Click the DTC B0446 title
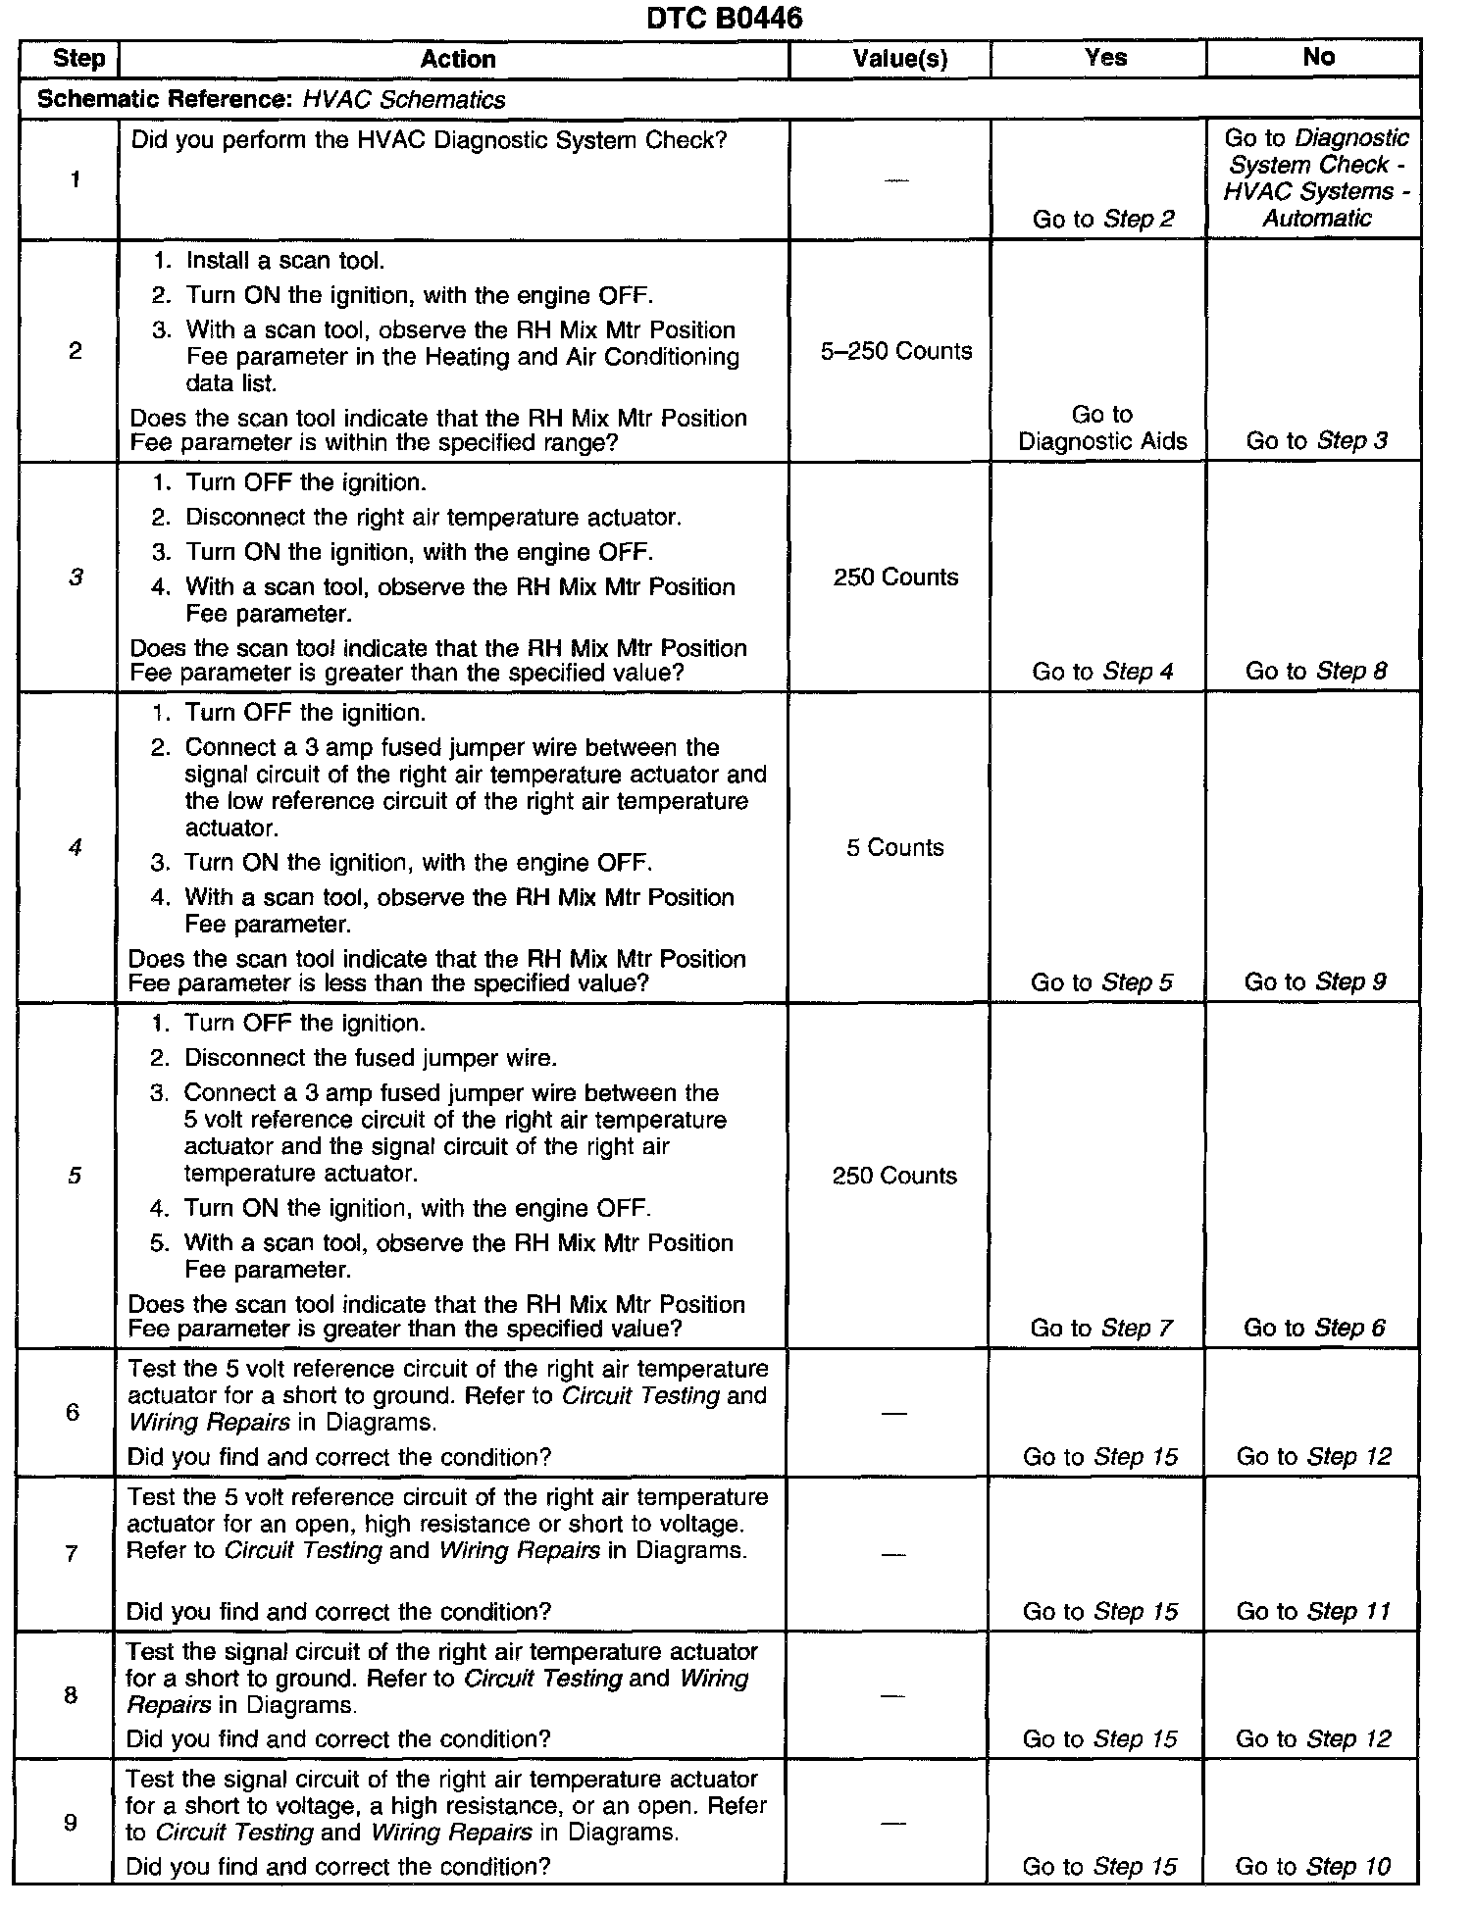724,18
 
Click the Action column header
457,59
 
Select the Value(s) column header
899,59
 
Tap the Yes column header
1105,58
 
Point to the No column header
1318,57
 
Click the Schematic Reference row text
271,100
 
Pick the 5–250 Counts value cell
896,351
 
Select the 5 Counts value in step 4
894,847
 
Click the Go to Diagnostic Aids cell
1102,428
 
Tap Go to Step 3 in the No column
1316,441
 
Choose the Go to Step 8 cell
1315,672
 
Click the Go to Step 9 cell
1314,982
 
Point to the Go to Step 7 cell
1100,1329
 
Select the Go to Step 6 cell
1314,1329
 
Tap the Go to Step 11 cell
1313,1612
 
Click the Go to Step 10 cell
1312,1867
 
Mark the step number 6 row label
72,1413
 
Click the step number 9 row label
70,1822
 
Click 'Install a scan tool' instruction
284,261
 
